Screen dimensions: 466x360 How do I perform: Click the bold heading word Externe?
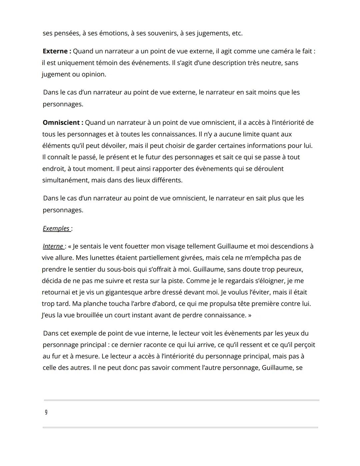click(x=55, y=51)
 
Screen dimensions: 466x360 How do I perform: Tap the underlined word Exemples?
click(x=56, y=228)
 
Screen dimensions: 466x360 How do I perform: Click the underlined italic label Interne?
click(x=53, y=247)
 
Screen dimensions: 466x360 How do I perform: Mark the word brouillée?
click(x=87, y=315)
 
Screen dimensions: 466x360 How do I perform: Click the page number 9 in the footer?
click(x=46, y=412)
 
